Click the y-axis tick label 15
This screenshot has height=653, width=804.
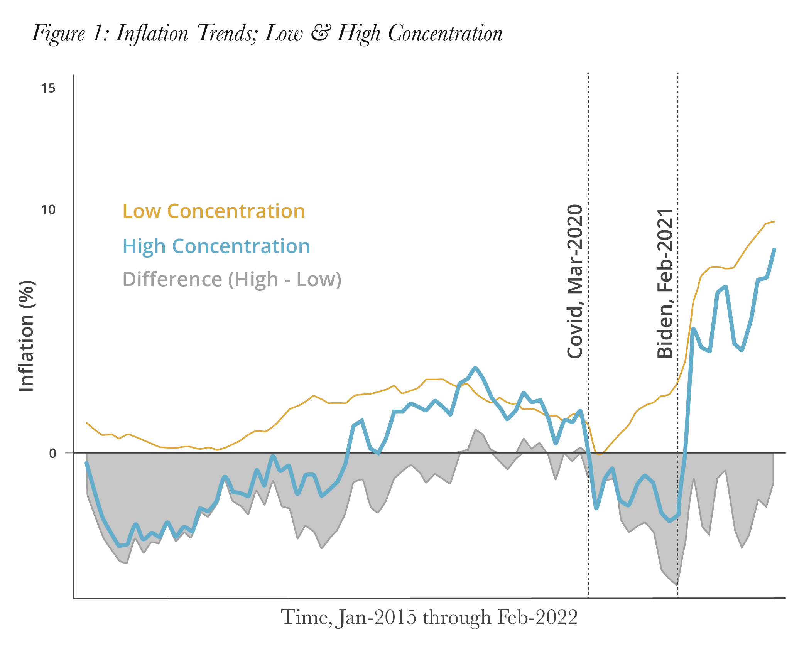(x=48, y=88)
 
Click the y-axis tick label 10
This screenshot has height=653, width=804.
(x=48, y=210)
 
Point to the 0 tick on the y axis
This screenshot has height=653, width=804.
(x=53, y=453)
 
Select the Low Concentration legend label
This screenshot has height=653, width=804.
(x=213, y=211)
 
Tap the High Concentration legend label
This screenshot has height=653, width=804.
(x=216, y=246)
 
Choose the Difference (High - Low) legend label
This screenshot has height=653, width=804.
(x=232, y=279)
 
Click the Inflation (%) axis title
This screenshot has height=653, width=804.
(x=26, y=336)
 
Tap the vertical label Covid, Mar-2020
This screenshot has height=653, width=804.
(x=575, y=282)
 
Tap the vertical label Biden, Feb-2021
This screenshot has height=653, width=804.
(x=665, y=283)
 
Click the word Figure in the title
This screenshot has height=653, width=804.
(x=58, y=34)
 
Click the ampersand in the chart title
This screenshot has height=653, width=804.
(x=320, y=32)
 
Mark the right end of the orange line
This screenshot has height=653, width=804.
(x=774, y=221)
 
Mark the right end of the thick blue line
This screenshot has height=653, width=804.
(x=774, y=250)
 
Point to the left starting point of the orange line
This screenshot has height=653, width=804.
(x=86, y=423)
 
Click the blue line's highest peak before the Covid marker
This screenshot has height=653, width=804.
(x=475, y=368)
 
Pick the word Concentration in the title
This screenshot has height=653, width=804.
(x=445, y=33)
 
